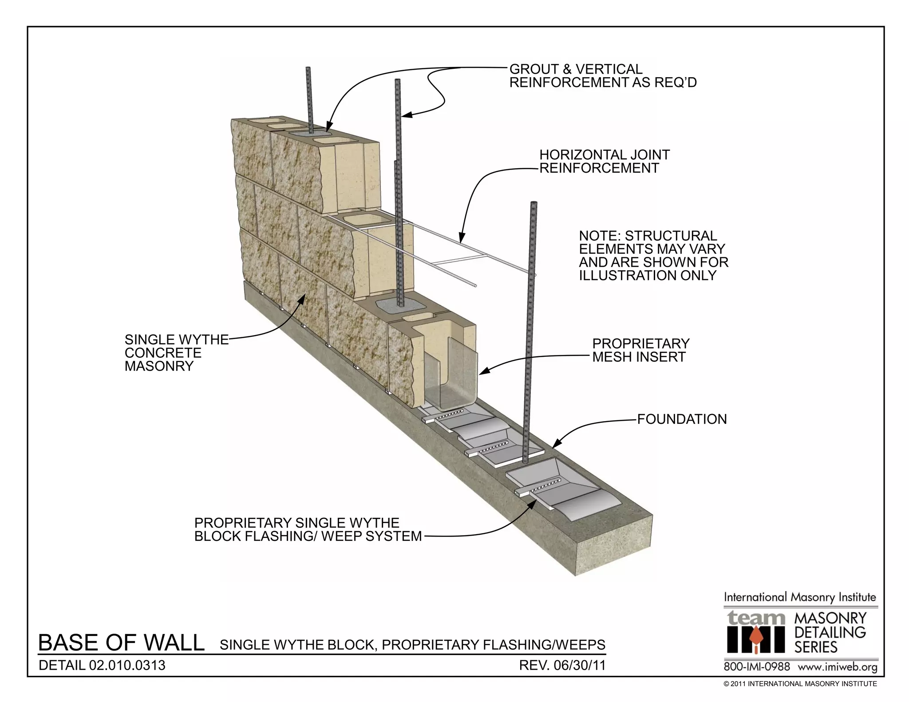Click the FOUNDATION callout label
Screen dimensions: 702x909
pyautogui.click(x=682, y=419)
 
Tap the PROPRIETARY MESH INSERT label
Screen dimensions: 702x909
pyautogui.click(x=640, y=350)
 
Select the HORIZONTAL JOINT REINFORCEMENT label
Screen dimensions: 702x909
pyautogui.click(x=604, y=162)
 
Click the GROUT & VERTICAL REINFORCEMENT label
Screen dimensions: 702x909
pyautogui.click(x=602, y=76)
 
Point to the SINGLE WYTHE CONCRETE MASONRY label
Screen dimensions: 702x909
pyautogui.click(x=176, y=353)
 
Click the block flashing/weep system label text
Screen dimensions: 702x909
pyautogui.click(x=308, y=529)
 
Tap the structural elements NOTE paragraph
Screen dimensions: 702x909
pyautogui.click(x=653, y=256)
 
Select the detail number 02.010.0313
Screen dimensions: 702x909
pyautogui.click(x=102, y=665)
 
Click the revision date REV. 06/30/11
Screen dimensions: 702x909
pyautogui.click(x=562, y=665)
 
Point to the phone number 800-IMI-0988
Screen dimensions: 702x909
pyautogui.click(x=757, y=667)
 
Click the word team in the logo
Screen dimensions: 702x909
pyautogui.click(x=755, y=617)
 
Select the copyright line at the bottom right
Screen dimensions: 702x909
pyautogui.click(x=800, y=684)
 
